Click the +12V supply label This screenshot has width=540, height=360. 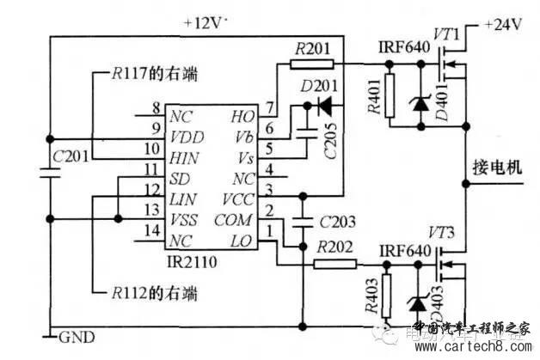pos(206,23)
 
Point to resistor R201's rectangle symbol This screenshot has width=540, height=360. pos(312,63)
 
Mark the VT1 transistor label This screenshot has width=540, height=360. pos(448,33)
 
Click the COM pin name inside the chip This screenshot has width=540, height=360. pos(233,220)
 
